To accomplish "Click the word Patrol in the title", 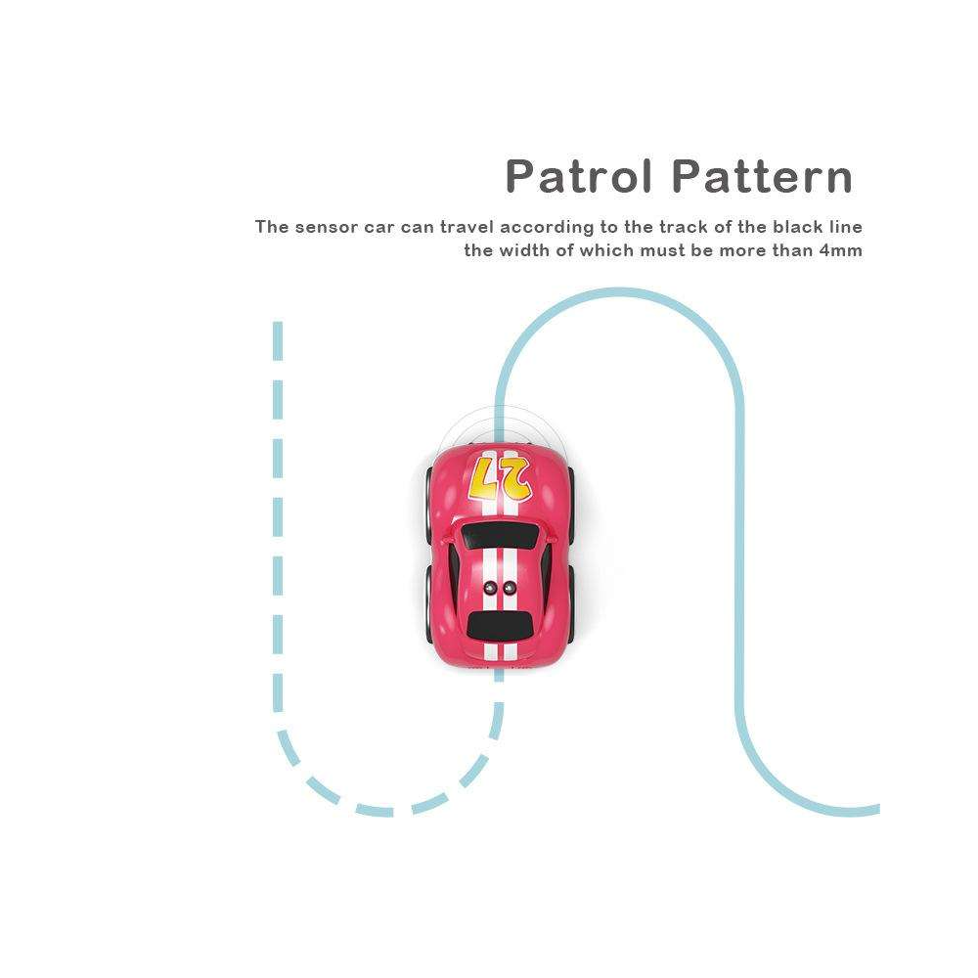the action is coord(578,176).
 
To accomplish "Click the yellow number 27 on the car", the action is coord(500,479).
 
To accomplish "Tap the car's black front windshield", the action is coord(500,536).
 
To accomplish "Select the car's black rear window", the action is coord(500,625).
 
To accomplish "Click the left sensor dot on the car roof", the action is coord(491,587).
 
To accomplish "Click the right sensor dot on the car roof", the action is coord(510,587).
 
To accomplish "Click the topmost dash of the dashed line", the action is coord(278,340).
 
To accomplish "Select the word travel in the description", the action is coord(467,227).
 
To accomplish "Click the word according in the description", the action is coord(547,228).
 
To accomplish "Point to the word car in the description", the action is coord(379,228).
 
